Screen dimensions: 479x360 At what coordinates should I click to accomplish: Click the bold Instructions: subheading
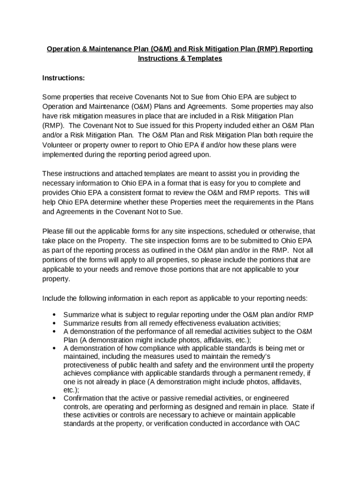pyautogui.click(x=63, y=78)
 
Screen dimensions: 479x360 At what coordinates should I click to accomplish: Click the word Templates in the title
pyautogui.click(x=204, y=58)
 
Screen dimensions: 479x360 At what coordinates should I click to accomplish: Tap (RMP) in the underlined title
pyautogui.click(x=266, y=49)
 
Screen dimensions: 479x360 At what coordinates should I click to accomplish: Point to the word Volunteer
pyautogui.click(x=59, y=145)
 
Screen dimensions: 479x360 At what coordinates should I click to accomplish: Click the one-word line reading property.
pyautogui.click(x=56, y=279)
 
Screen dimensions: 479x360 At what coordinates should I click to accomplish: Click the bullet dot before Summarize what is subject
pyautogui.click(x=55, y=314)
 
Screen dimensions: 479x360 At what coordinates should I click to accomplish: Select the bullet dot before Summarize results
pyautogui.click(x=55, y=323)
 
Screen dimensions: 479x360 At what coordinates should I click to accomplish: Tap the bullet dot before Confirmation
pyautogui.click(x=55, y=398)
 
